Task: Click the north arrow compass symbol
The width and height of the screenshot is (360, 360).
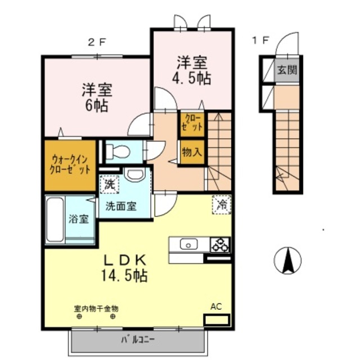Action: pyautogui.click(x=287, y=261)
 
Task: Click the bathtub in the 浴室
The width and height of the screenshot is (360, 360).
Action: pyautogui.click(x=55, y=219)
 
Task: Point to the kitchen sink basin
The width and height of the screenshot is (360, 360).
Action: pyautogui.click(x=187, y=244)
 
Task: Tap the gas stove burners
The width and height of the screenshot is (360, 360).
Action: pyautogui.click(x=220, y=244)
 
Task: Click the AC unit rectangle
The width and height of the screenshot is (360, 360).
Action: pyautogui.click(x=217, y=321)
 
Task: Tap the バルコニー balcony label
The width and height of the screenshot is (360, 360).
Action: pyautogui.click(x=138, y=340)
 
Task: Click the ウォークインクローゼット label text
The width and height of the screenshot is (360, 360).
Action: pyautogui.click(x=70, y=164)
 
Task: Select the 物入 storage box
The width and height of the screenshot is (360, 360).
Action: pyautogui.click(x=192, y=152)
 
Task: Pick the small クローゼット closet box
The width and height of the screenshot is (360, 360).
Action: pyautogui.click(x=192, y=123)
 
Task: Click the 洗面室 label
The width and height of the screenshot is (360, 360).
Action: pyautogui.click(x=121, y=206)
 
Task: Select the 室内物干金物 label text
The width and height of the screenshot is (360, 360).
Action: pyautogui.click(x=96, y=308)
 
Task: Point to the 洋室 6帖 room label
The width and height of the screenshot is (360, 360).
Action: pyautogui.click(x=96, y=97)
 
